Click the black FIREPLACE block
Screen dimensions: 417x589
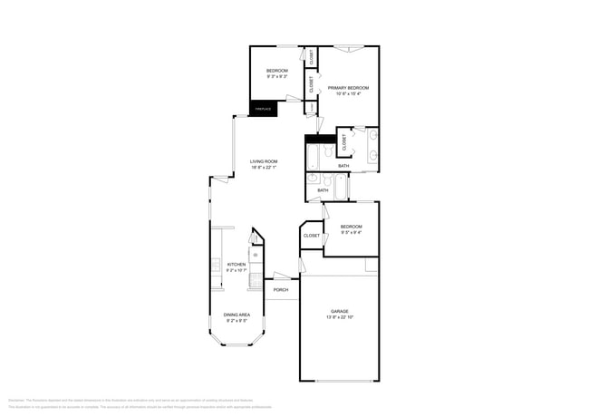264,109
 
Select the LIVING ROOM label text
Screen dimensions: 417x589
264,160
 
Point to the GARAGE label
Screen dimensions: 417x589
340,311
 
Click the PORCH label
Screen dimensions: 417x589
281,289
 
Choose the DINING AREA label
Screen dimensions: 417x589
237,315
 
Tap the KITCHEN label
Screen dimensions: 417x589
236,264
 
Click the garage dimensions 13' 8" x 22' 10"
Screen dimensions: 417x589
340,317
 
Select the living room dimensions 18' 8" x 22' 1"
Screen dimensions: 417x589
264,167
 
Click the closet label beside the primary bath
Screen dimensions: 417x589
344,142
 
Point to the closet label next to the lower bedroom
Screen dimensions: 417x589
312,235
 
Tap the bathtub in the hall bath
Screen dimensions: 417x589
341,187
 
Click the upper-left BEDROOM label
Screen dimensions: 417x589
277,71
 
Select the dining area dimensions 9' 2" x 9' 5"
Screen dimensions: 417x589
237,321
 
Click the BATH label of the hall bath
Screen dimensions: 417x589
323,190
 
